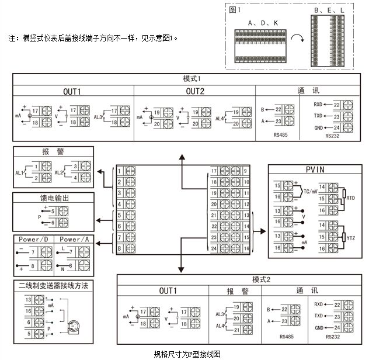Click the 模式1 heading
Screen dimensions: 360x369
(x=192, y=78)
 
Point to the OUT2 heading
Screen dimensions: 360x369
(x=195, y=91)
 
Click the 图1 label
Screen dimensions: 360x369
(x=236, y=10)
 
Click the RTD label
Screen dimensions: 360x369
(x=351, y=198)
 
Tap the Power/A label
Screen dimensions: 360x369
(x=74, y=239)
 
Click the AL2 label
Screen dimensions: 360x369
(x=58, y=173)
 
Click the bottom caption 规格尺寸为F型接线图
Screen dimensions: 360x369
(x=187, y=354)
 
